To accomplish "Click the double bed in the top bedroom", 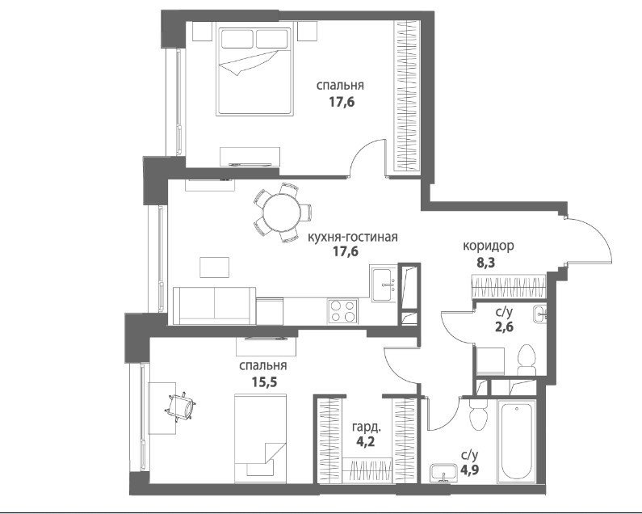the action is click(x=254, y=71).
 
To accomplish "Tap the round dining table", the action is click(x=281, y=213).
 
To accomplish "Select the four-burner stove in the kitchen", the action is click(x=342, y=311).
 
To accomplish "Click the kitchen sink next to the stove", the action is click(x=384, y=283).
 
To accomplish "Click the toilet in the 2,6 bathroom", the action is click(x=527, y=360).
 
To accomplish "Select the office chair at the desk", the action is click(x=182, y=407).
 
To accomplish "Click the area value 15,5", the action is click(x=264, y=382).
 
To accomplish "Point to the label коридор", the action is click(x=489, y=246).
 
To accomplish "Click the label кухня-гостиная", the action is click(x=353, y=237).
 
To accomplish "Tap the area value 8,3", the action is click(x=485, y=263).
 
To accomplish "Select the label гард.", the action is click(x=367, y=428).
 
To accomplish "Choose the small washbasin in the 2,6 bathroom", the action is click(x=539, y=314).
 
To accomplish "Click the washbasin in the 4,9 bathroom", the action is click(x=443, y=473).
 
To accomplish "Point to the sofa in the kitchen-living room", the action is click(x=215, y=305).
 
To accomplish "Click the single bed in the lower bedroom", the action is click(x=260, y=438).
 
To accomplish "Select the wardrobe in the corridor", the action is click(x=509, y=288).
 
